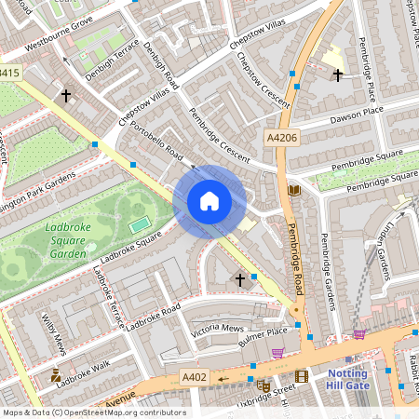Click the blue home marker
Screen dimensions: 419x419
(209, 201)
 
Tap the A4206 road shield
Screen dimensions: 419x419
(282, 138)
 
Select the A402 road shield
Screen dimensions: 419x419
(193, 377)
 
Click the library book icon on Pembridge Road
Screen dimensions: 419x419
(294, 191)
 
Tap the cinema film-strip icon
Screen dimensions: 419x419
(301, 376)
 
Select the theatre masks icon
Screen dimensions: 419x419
(264, 385)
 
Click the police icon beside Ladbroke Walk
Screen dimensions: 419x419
(57, 376)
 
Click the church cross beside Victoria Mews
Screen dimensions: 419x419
(239, 278)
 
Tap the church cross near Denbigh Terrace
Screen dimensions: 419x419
(66, 94)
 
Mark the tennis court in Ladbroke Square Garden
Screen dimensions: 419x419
(139, 224)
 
